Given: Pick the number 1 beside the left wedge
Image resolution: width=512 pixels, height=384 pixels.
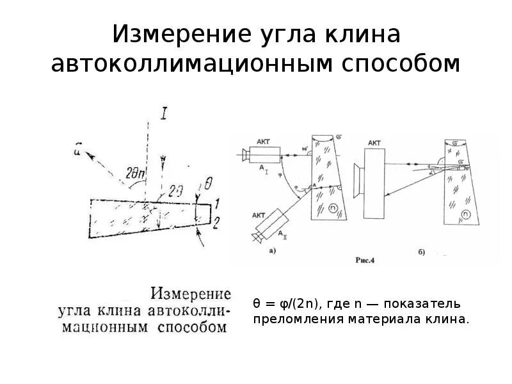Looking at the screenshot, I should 218,204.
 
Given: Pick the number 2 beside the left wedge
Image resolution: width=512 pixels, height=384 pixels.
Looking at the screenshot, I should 218,221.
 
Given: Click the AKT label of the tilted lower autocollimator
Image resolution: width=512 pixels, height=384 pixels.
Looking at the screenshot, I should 260,216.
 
